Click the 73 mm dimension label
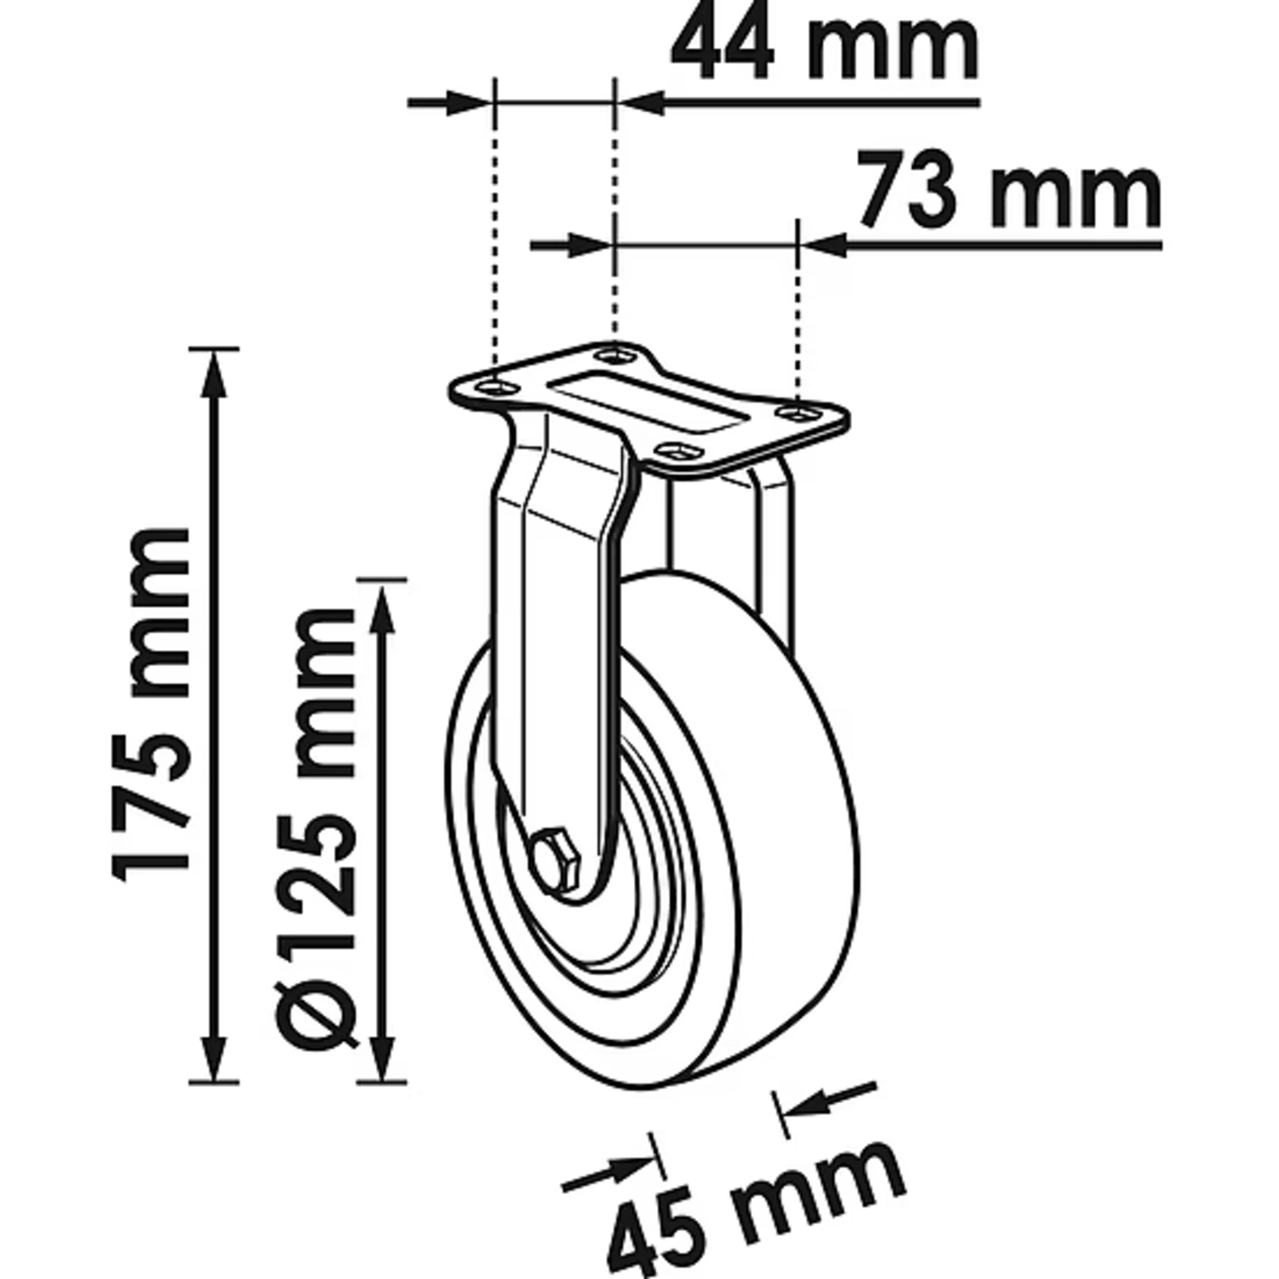1009,190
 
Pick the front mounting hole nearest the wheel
676,452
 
